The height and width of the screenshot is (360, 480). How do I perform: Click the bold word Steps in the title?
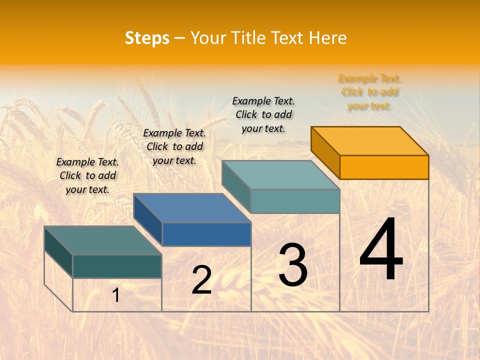[146, 38]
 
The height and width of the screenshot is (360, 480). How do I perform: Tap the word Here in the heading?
[327, 38]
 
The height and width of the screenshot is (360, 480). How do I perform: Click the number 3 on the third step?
[293, 265]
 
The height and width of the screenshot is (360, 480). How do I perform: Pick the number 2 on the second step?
[201, 280]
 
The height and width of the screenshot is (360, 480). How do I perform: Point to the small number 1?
[115, 295]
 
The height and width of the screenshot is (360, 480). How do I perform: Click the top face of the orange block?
[370, 140]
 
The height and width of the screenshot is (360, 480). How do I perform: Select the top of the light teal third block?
[281, 174]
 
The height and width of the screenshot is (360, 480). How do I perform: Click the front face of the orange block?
[384, 167]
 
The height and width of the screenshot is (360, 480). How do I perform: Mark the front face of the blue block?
[206, 234]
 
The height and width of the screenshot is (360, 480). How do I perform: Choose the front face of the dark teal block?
[117, 266]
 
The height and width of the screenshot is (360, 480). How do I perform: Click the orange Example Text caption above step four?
[369, 92]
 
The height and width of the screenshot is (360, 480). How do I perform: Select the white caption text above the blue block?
[174, 146]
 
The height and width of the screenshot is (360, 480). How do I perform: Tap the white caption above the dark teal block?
[87, 175]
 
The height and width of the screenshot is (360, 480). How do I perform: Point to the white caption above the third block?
[263, 114]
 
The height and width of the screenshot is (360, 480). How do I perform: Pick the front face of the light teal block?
[295, 201]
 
